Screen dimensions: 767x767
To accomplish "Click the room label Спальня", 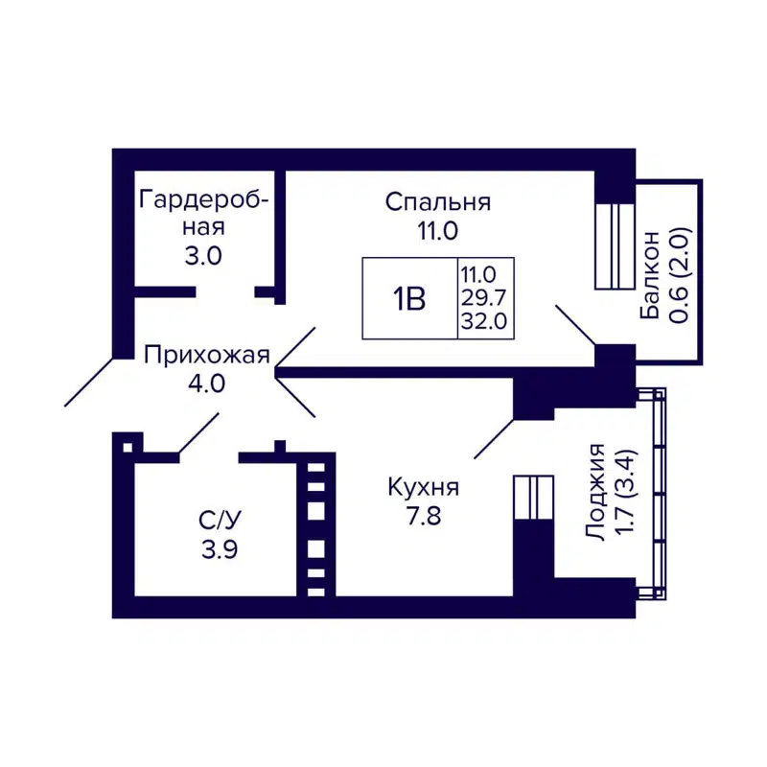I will (438, 202).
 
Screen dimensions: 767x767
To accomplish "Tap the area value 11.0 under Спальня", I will (438, 230).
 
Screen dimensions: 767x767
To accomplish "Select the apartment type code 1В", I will (408, 299).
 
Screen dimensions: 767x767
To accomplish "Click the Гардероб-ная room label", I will (203, 213).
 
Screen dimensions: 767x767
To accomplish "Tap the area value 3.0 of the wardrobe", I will (203, 256).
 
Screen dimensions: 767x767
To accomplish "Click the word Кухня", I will (423, 487).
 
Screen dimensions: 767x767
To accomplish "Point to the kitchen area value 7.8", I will (423, 516).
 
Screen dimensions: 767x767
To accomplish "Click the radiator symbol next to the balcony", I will (615, 245).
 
